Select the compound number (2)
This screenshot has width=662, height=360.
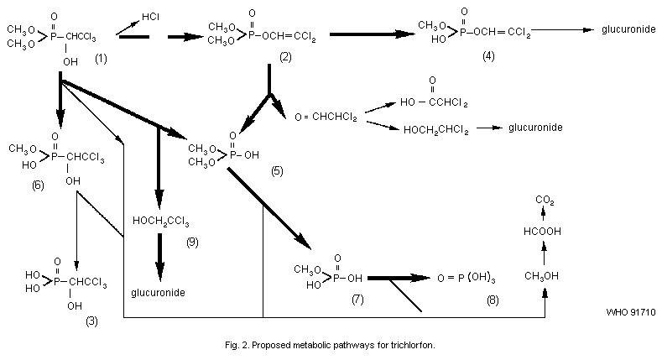click(x=285, y=58)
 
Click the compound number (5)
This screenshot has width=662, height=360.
click(x=278, y=171)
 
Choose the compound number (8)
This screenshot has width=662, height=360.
click(x=492, y=299)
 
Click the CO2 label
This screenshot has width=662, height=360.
click(x=545, y=199)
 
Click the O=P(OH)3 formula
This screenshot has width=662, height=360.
click(x=468, y=278)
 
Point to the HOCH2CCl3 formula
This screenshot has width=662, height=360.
click(x=161, y=222)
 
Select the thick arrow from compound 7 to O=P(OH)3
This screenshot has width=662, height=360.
click(x=399, y=277)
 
